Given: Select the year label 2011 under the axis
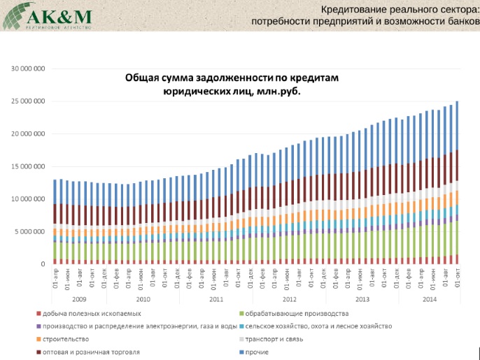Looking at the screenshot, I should [216, 298].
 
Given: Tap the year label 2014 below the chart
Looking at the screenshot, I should [430, 298].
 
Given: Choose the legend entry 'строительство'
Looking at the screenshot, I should [68, 339].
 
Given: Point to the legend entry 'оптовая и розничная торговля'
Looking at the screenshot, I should [95, 352].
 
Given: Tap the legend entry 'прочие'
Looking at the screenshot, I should [258, 352].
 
